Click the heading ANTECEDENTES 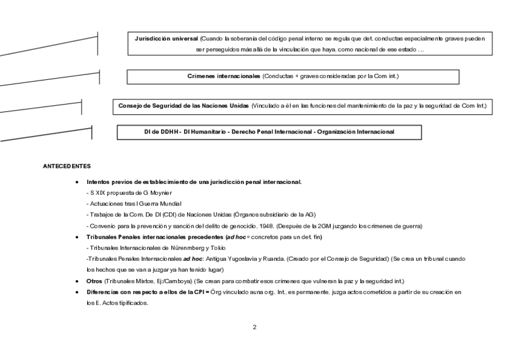[67, 165]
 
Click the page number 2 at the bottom [254, 328]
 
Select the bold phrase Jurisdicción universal [167, 38]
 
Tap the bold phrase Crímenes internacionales [224, 77]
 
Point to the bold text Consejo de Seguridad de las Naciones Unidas [183, 106]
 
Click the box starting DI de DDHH [269, 132]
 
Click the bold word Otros [94, 281]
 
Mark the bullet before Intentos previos [76, 182]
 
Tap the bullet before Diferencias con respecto [76, 292]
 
